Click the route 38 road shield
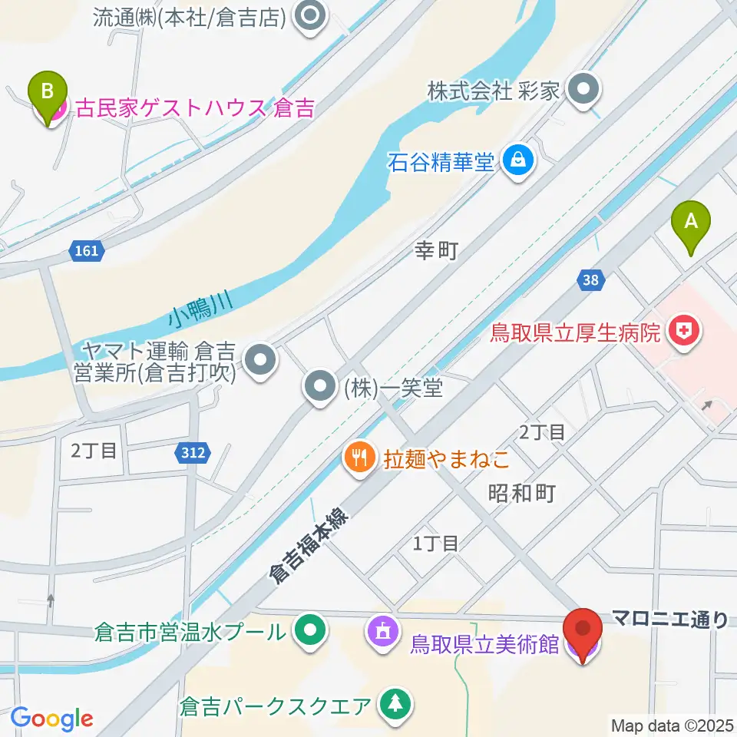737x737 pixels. tap(590, 280)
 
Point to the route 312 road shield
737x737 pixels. tap(193, 453)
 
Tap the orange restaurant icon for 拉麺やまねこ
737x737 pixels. tap(358, 459)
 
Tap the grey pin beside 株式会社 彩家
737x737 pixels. tap(585, 91)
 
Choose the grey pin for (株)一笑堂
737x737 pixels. tap(319, 386)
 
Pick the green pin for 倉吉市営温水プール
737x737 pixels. tap(310, 632)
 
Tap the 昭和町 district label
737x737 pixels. tap(521, 493)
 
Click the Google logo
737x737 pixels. tap(51, 718)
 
